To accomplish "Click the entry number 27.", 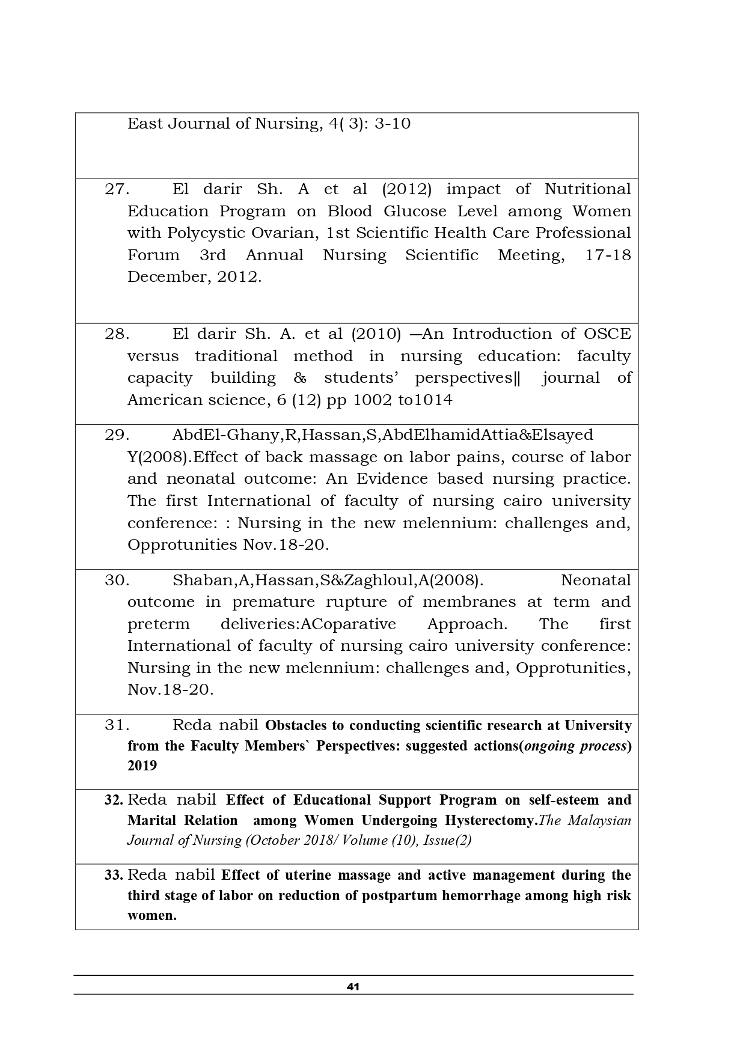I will coord(117,189).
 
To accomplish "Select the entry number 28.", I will coord(117,334).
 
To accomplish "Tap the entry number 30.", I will coord(117,580).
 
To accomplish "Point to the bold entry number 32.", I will coord(114,800).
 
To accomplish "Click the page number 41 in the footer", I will coord(353,987).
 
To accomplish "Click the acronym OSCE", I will coord(608,334).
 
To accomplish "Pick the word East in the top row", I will coord(145,124).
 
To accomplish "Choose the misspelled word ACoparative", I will coord(349,624).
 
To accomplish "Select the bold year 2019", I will coord(142,766).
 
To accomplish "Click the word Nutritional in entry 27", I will coord(587,189).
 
